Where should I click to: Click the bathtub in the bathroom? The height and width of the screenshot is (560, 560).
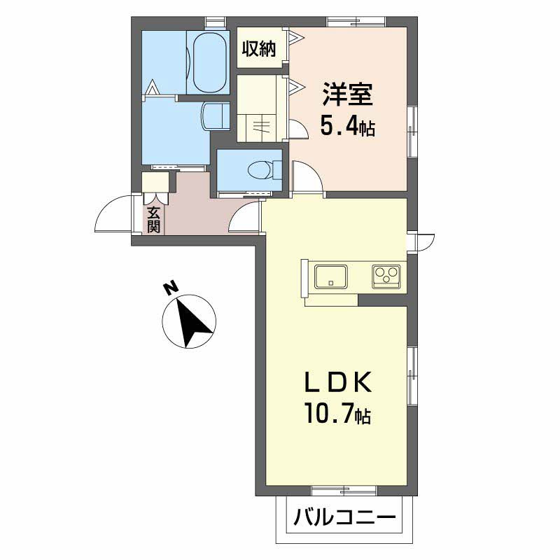coord(209,63)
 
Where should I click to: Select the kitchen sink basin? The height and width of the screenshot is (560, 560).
coord(330,276)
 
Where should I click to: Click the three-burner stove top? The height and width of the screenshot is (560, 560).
coord(386,276)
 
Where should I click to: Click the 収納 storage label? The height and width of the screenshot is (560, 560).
coord(259,48)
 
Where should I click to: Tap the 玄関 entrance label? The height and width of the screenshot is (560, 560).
coord(153,220)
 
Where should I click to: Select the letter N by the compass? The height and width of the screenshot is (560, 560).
coord(171,287)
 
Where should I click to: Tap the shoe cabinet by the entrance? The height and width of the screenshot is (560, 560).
coord(155,182)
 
